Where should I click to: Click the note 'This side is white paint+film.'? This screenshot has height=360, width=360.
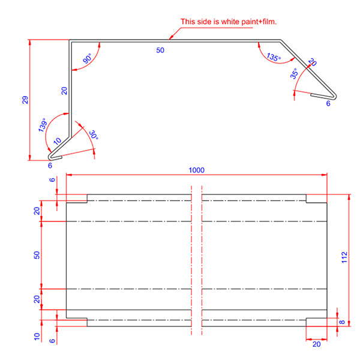click(233, 22)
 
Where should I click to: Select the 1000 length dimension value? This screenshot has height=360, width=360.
click(196, 170)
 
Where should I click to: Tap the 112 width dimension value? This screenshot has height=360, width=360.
click(344, 257)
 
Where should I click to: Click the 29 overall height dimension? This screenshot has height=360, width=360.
click(25, 100)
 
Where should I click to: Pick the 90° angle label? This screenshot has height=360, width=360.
click(86, 60)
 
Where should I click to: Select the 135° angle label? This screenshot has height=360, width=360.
click(273, 58)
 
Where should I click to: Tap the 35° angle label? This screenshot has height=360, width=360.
click(294, 74)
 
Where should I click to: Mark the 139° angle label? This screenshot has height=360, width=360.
click(42, 125)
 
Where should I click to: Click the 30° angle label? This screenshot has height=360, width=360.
click(93, 136)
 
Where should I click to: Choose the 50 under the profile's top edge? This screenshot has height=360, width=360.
click(160, 50)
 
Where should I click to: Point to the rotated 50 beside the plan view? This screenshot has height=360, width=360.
click(37, 255)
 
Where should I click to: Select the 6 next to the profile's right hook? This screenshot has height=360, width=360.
click(328, 103)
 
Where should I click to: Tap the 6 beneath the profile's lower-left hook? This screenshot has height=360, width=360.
click(50, 166)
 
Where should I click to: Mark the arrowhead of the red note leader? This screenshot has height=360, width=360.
click(170, 38)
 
